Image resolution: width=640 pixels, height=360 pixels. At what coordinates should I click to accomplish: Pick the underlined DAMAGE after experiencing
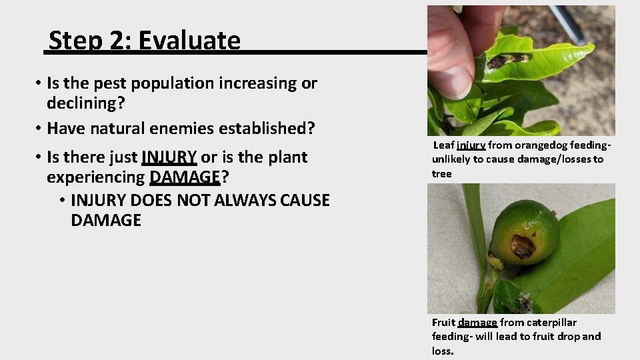pyautogui.click(x=185, y=177)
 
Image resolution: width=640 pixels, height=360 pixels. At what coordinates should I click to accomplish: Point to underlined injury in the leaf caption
pyautogui.click(x=471, y=145)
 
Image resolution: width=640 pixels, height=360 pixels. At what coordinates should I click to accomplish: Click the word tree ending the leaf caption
pyautogui.click(x=441, y=174)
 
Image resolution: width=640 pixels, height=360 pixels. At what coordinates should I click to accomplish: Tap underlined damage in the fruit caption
pyautogui.click(x=477, y=323)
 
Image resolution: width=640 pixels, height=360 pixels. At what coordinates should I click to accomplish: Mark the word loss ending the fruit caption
pyautogui.click(x=442, y=351)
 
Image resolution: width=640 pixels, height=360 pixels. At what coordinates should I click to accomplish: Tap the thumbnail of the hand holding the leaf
pyautogui.click(x=521, y=70)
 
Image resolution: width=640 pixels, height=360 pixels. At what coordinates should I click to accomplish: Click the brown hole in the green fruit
pyautogui.click(x=523, y=246)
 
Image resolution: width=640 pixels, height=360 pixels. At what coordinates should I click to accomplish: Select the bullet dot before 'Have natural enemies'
pyautogui.click(x=40, y=127)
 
